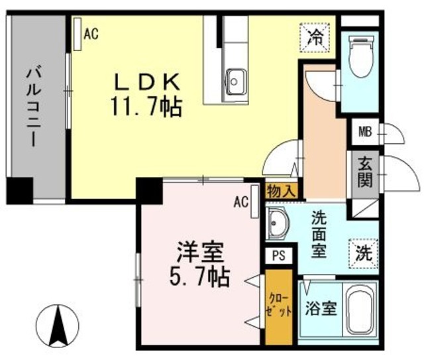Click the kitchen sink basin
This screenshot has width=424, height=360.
click(x=235, y=82)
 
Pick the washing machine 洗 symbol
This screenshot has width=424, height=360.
click(x=363, y=252)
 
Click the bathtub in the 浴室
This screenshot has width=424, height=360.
click(x=361, y=310)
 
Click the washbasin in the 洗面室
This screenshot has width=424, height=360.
click(x=278, y=225)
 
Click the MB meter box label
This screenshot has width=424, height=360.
click(x=365, y=131)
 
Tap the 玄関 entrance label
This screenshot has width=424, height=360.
click(x=364, y=171)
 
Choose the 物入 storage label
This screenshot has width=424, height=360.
click(x=282, y=191)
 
